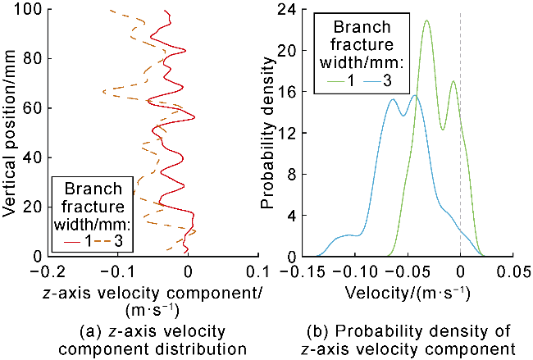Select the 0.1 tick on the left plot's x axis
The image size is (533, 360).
point(258,257)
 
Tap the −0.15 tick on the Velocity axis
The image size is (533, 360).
point(302,257)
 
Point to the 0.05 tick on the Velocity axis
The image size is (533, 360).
point(513,257)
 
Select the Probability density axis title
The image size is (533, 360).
point(271,133)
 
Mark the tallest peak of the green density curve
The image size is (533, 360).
point(426,21)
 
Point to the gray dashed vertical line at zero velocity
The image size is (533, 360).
point(460,164)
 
